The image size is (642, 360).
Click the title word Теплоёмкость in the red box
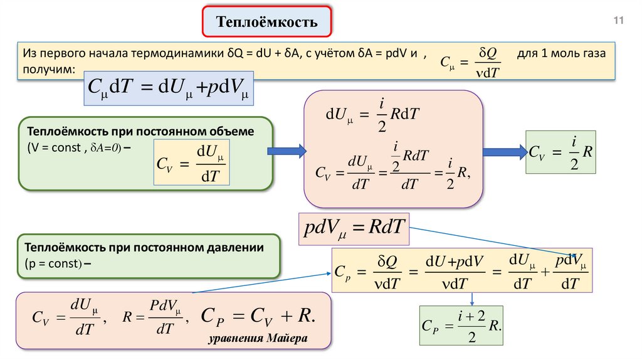point(267,22)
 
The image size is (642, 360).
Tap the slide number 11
point(619,21)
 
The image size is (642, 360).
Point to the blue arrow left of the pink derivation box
point(287,151)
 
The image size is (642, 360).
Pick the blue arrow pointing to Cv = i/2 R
point(505,151)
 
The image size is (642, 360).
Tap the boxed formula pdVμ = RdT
point(354,229)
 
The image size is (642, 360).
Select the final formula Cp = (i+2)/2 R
point(461,326)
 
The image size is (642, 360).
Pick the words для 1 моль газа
point(561,53)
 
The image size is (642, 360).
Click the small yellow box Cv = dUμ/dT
point(192,163)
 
